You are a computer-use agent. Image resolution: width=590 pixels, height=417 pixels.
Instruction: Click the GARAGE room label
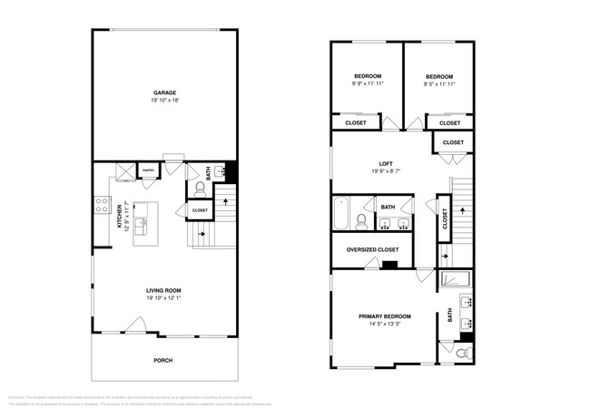coord(164,92)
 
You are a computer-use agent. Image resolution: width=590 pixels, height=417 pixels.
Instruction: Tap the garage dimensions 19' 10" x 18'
coord(164,101)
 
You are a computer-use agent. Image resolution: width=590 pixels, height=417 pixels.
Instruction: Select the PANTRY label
coord(146,170)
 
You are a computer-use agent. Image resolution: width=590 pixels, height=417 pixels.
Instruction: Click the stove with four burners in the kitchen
coord(102,206)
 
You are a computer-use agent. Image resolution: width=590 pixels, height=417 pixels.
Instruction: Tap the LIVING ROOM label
coord(164,290)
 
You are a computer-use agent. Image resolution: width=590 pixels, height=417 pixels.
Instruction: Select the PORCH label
coord(163,360)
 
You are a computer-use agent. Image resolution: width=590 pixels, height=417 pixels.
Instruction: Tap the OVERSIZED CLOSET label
coord(373,248)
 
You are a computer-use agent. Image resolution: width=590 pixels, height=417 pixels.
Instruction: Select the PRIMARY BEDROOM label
coord(384,316)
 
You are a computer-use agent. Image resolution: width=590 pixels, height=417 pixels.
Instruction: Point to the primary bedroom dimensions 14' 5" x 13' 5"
coord(384,325)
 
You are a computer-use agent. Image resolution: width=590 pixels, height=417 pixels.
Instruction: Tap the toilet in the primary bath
coord(463,353)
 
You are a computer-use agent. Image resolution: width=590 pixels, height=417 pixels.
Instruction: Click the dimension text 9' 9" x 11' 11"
coord(367,83)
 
